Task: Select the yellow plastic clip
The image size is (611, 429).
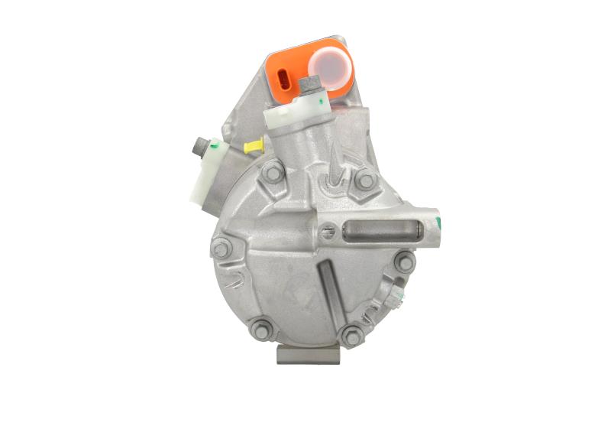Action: point(254,145)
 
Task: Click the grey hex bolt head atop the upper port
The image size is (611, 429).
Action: point(312,85)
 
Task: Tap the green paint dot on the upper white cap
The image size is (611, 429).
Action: point(325,97)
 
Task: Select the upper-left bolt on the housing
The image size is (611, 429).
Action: point(273,175)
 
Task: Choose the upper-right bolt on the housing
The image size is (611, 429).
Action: point(366,180)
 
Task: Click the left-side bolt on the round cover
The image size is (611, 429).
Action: point(221,248)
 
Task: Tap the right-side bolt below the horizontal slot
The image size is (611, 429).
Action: point(404,262)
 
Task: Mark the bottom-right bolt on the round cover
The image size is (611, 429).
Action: point(351,333)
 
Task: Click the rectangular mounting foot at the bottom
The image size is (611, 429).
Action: point(308,353)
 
